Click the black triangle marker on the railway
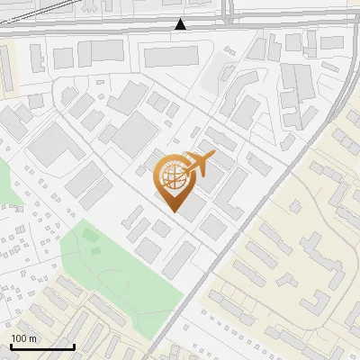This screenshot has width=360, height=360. click(181, 24)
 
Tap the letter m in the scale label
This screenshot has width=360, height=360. click(32, 338)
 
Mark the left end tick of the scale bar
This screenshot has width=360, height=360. click(11, 346)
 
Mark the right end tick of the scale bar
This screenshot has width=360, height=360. click(74, 346)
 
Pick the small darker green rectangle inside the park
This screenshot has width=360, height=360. click(89, 235)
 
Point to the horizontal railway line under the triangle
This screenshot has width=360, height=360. click(135, 29)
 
